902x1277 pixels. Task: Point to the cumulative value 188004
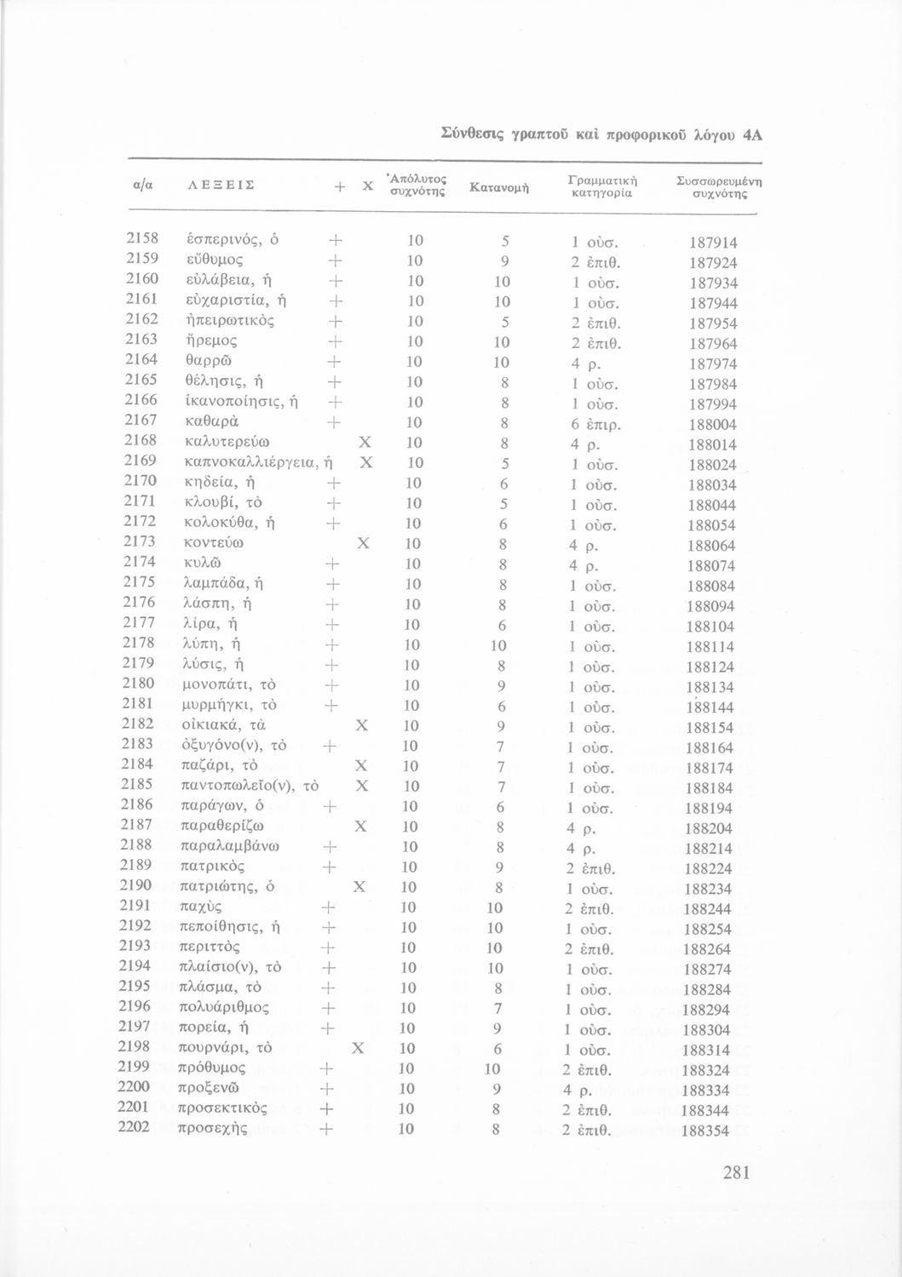pyautogui.click(x=713, y=425)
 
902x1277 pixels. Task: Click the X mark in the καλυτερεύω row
pyautogui.click(x=365, y=444)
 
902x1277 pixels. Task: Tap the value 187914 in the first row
pyautogui.click(x=714, y=243)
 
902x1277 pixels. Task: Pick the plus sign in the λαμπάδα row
pyautogui.click(x=333, y=585)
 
